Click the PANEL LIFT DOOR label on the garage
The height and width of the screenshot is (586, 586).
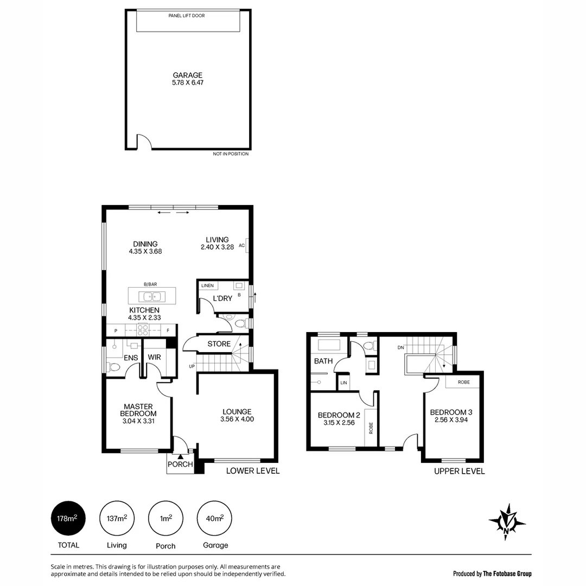tap(186, 16)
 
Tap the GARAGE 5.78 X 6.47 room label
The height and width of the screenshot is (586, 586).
tap(188, 79)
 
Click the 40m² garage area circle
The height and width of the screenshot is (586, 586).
tap(215, 518)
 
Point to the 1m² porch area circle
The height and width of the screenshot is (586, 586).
tap(166, 518)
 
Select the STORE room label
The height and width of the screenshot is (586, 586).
tap(219, 344)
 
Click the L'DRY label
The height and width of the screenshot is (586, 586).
tap(222, 299)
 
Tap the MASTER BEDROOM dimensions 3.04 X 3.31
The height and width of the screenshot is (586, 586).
tap(138, 421)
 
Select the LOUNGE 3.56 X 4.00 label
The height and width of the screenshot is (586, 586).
tap(237, 415)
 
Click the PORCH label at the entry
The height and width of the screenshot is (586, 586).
tap(180, 464)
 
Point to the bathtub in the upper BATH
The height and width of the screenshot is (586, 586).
tap(328, 345)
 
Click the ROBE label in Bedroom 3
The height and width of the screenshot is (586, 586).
tap(463, 382)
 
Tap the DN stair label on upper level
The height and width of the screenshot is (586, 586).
tap(400, 348)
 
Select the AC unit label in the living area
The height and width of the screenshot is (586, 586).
tap(242, 245)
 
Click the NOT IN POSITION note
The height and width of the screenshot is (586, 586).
tap(231, 154)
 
